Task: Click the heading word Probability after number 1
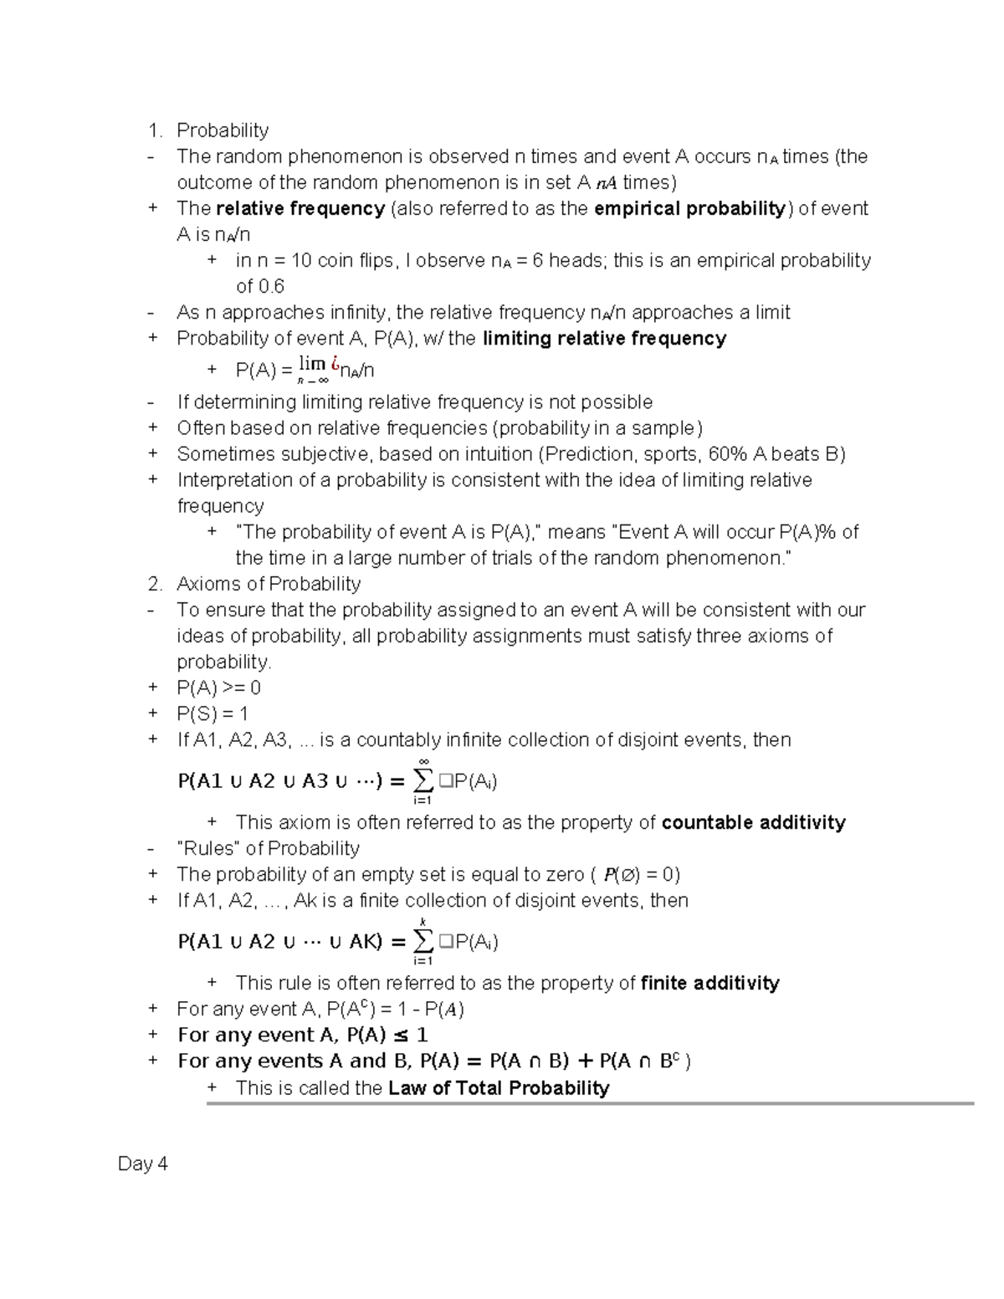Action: [x=222, y=130]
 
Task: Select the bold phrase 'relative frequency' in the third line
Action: [x=300, y=208]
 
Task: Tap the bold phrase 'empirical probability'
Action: [x=690, y=208]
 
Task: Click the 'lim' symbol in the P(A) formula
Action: [x=312, y=364]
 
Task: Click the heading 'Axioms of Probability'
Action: [x=269, y=584]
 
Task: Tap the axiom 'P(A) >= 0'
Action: [x=218, y=688]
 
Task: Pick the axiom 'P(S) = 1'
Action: [x=212, y=713]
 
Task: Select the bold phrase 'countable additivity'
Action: [x=753, y=822]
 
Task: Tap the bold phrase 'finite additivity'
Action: [x=709, y=983]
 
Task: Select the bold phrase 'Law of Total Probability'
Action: [x=499, y=1088]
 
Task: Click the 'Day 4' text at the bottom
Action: [x=143, y=1163]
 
